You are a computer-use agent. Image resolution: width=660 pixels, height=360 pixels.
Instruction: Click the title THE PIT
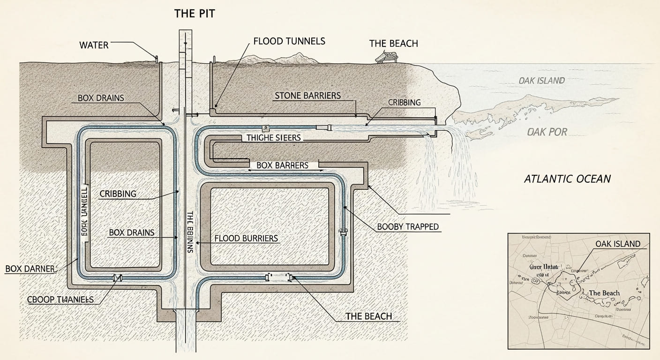(x=195, y=13)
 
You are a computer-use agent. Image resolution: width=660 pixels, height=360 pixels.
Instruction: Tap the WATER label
(x=94, y=45)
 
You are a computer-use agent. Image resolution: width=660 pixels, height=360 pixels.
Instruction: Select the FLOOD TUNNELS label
(x=289, y=41)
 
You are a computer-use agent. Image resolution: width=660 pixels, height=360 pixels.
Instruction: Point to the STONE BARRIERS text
(x=307, y=96)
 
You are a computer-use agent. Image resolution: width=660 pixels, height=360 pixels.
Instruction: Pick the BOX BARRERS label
(x=282, y=165)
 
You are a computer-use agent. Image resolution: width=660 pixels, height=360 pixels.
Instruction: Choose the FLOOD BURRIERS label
(x=246, y=238)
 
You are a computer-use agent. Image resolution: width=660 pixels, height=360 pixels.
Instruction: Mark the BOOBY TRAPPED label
(x=408, y=227)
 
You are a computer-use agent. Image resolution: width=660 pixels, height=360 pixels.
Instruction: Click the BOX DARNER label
(x=30, y=269)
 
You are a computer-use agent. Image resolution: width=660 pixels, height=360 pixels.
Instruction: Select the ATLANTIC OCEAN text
(x=567, y=179)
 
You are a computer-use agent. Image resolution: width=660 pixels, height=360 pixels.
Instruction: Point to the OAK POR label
(x=547, y=132)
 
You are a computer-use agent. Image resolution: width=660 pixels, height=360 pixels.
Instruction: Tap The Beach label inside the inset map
(x=604, y=293)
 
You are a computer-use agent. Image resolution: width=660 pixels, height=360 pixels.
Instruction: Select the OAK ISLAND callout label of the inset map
(x=618, y=243)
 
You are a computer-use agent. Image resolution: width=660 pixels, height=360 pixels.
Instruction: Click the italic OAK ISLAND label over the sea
(x=540, y=81)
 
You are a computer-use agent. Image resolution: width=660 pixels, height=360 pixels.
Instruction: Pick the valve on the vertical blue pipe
(x=344, y=231)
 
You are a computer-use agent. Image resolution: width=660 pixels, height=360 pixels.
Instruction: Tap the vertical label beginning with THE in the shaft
(x=190, y=232)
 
